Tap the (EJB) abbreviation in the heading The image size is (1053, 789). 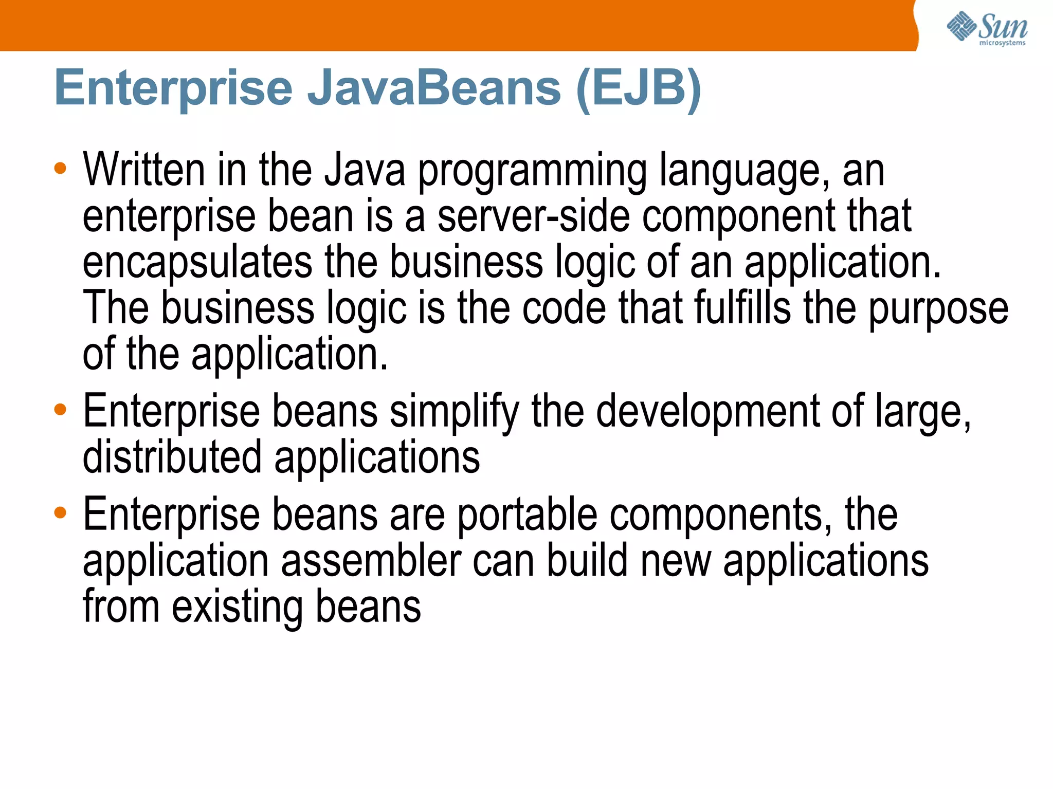pyautogui.click(x=639, y=88)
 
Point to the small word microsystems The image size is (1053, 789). pyautogui.click(x=1002, y=43)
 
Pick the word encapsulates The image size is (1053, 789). pyautogui.click(x=197, y=263)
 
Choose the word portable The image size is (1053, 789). pyautogui.click(x=527, y=516)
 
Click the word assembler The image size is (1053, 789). pyautogui.click(x=371, y=560)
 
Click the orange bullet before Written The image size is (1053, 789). pyautogui.click(x=60, y=169)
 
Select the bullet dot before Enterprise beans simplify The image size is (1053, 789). pyautogui.click(x=60, y=410)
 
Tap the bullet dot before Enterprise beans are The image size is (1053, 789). pyautogui.click(x=60, y=512)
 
